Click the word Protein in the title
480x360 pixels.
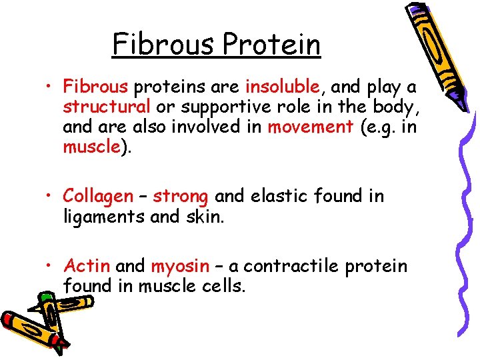[x=272, y=45]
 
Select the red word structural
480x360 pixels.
[x=107, y=107]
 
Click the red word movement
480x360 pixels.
[x=310, y=127]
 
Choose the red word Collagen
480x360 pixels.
[x=98, y=196]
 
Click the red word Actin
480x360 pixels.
[x=87, y=266]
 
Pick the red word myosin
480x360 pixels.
[x=180, y=266]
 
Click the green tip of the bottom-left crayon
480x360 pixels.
[x=45, y=296]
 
